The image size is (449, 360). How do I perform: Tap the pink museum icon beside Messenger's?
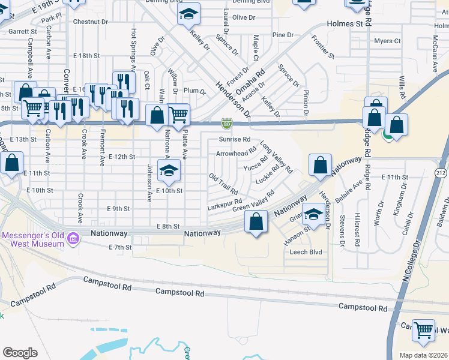coord(73,239)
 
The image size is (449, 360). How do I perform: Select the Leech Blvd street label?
coord(307,252)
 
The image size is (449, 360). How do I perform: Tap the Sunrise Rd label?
coord(234,139)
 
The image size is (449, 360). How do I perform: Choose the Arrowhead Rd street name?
coord(235,154)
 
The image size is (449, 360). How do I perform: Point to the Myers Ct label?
coord(387,41)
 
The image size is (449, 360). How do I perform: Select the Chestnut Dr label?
coord(90,22)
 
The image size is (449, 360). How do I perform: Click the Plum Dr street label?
coord(195,91)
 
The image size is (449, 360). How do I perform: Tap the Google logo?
coord(20,352)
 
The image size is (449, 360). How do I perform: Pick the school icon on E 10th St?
coord(169,171)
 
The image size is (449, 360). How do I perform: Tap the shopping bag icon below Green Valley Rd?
coord(256,222)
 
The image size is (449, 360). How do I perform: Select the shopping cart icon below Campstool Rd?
coord(424,329)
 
